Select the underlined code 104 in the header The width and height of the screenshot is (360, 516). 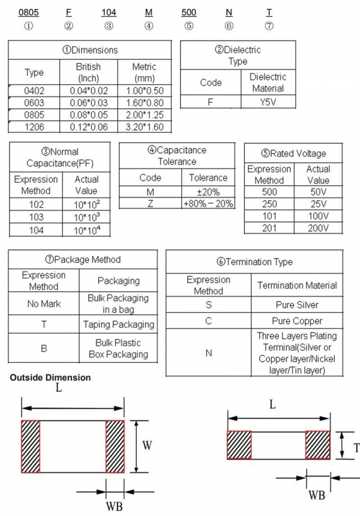(109, 12)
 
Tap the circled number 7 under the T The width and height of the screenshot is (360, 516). (269, 26)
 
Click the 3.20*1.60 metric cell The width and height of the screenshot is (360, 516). (144, 127)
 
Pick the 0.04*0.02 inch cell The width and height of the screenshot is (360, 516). (88, 91)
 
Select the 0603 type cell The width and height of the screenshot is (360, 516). (34, 103)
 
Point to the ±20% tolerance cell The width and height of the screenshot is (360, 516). (208, 192)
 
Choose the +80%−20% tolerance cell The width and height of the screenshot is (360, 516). (208, 203)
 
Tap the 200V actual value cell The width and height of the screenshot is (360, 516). (318, 228)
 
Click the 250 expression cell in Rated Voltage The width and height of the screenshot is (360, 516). (269, 204)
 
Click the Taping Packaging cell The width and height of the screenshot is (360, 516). (118, 325)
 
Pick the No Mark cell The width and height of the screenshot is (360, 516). (44, 304)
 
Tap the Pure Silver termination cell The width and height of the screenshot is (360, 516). (297, 305)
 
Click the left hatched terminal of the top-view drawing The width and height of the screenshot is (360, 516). (30, 446)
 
